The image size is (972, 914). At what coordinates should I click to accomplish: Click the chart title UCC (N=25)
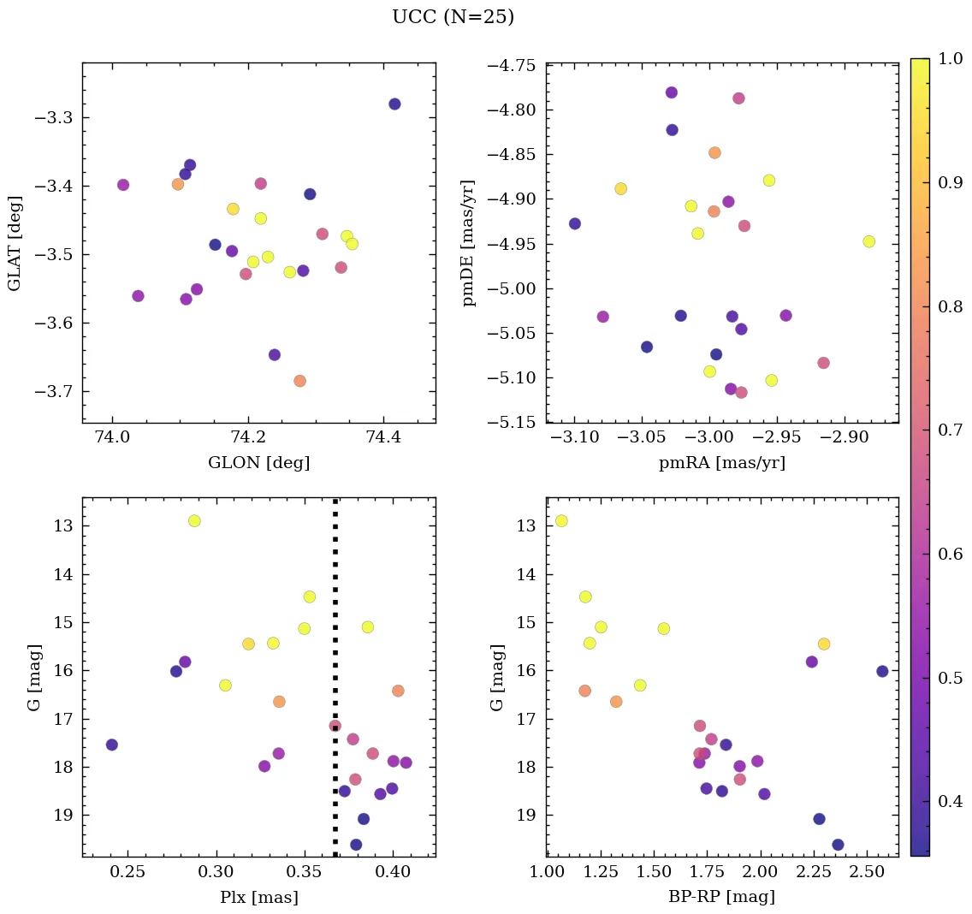click(453, 17)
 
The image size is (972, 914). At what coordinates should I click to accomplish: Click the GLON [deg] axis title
click(258, 463)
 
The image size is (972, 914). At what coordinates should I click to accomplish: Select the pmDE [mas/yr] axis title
click(468, 243)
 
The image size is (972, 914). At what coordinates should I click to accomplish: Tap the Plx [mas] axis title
click(258, 898)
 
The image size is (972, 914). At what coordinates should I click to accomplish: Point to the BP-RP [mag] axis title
click(722, 898)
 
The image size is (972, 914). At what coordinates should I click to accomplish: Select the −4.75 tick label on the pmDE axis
click(512, 66)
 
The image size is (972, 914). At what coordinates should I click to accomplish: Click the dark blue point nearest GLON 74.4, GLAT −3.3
click(394, 104)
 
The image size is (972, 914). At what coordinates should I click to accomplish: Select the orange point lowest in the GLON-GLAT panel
click(299, 381)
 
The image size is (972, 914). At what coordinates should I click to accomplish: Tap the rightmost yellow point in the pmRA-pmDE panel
click(869, 241)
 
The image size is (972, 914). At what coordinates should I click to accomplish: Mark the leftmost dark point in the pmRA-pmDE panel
click(575, 223)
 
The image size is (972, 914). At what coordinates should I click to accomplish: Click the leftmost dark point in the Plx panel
click(111, 745)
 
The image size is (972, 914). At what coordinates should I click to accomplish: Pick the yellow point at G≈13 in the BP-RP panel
click(561, 520)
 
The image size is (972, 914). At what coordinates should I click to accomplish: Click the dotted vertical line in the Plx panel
click(335, 599)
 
